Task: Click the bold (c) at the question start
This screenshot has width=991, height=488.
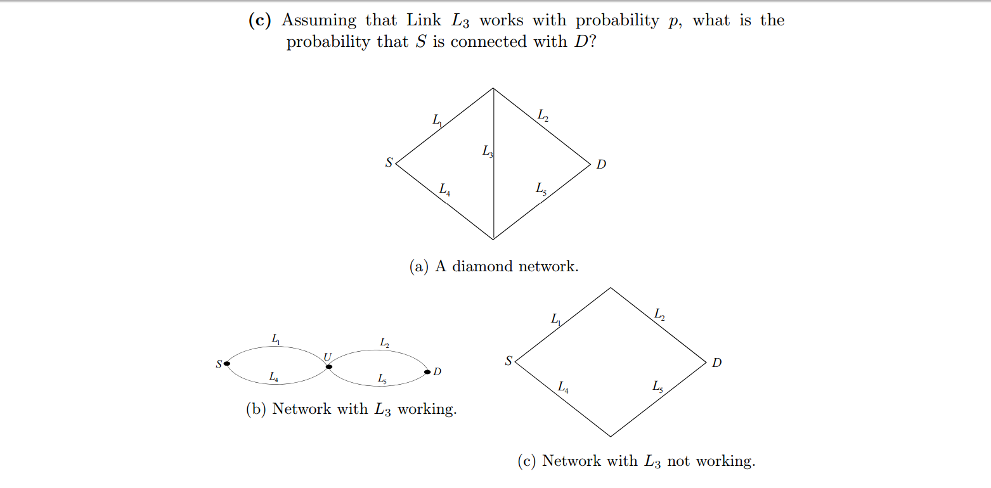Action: (259, 20)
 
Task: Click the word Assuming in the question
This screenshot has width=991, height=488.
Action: (319, 21)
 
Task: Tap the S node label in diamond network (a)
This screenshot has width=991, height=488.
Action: (389, 163)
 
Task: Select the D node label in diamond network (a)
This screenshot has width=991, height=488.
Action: (601, 165)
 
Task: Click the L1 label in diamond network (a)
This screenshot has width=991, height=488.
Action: (437, 119)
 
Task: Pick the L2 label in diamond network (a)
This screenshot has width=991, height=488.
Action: (543, 115)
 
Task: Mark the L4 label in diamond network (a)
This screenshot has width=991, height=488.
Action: (444, 189)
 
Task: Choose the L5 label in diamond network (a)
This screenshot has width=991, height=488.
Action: (541, 189)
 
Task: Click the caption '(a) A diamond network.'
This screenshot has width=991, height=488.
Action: (494, 266)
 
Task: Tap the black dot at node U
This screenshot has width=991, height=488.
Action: (328, 366)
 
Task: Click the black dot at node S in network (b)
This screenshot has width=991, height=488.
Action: (226, 363)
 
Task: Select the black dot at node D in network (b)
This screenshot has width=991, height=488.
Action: (428, 371)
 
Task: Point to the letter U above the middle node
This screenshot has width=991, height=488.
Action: (328, 357)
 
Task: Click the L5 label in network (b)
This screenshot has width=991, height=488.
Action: (382, 379)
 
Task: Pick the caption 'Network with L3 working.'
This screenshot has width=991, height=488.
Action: (364, 409)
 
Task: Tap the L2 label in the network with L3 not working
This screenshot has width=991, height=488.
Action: (659, 314)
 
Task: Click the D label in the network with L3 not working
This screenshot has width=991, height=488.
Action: (716, 363)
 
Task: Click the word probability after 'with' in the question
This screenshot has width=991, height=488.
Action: (617, 21)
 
